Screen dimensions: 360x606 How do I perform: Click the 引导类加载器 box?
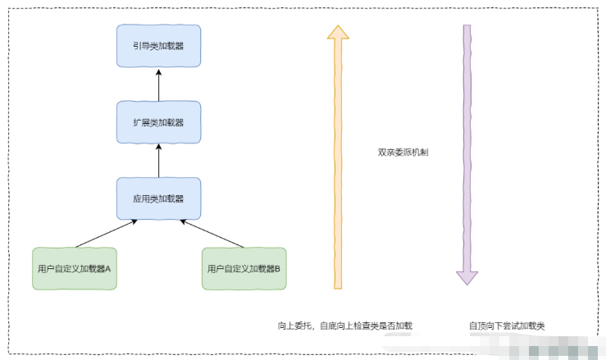point(158,46)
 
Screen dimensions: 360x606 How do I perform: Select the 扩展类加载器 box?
point(158,122)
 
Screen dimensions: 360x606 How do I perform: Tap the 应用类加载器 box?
point(158,198)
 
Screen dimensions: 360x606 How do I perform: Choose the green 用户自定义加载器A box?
point(75,268)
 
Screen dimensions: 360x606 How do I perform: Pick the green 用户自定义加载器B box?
point(244,268)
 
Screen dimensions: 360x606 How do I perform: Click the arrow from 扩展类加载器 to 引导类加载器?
point(158,84)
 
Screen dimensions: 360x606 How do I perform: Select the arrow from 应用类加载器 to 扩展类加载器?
point(158,161)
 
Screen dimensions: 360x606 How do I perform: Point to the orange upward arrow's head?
point(336,32)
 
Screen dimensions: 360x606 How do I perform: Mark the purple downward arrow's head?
point(467,276)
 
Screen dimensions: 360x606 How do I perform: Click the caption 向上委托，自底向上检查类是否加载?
point(344,326)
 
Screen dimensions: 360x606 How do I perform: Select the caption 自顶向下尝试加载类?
point(507,326)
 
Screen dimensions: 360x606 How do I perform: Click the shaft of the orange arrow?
point(336,164)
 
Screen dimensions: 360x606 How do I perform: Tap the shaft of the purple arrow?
point(467,148)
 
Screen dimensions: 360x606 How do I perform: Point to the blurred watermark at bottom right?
point(566,351)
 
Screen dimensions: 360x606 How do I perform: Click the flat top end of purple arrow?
point(467,26)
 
